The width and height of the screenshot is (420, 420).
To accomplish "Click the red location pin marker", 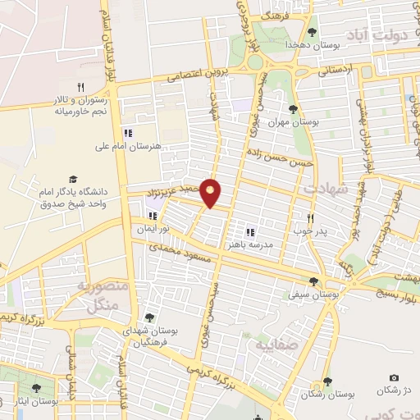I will tap(212, 192).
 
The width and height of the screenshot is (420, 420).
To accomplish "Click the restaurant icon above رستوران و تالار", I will tap(80, 86).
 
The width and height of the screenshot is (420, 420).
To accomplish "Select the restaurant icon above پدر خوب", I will tap(311, 218).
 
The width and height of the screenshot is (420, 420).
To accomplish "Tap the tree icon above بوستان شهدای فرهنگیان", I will tap(148, 317).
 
